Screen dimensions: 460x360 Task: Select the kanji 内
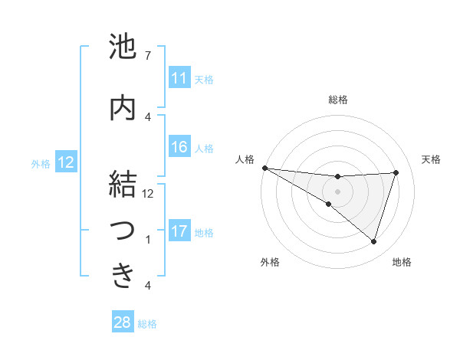coord(123,108)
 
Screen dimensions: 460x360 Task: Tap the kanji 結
coord(123,185)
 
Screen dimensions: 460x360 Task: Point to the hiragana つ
coord(123,231)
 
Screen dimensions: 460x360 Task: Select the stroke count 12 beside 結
coord(148,194)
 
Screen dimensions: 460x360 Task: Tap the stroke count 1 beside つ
coord(147,240)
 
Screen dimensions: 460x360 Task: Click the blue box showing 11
coord(179,78)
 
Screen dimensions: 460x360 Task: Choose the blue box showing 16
coord(179,147)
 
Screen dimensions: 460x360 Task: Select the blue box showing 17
coord(179,231)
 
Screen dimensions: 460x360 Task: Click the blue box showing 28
coord(122,322)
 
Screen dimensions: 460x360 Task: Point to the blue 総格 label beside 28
coord(147,324)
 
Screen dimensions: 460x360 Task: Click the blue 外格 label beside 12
coord(41,163)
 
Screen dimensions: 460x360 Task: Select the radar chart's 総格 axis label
coord(337,100)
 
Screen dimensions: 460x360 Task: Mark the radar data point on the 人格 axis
coord(264,168)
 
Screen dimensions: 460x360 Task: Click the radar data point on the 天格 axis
coord(396,172)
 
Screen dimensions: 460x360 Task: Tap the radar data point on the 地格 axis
coord(373,241)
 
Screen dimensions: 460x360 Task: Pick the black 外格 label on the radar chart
coord(270,262)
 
